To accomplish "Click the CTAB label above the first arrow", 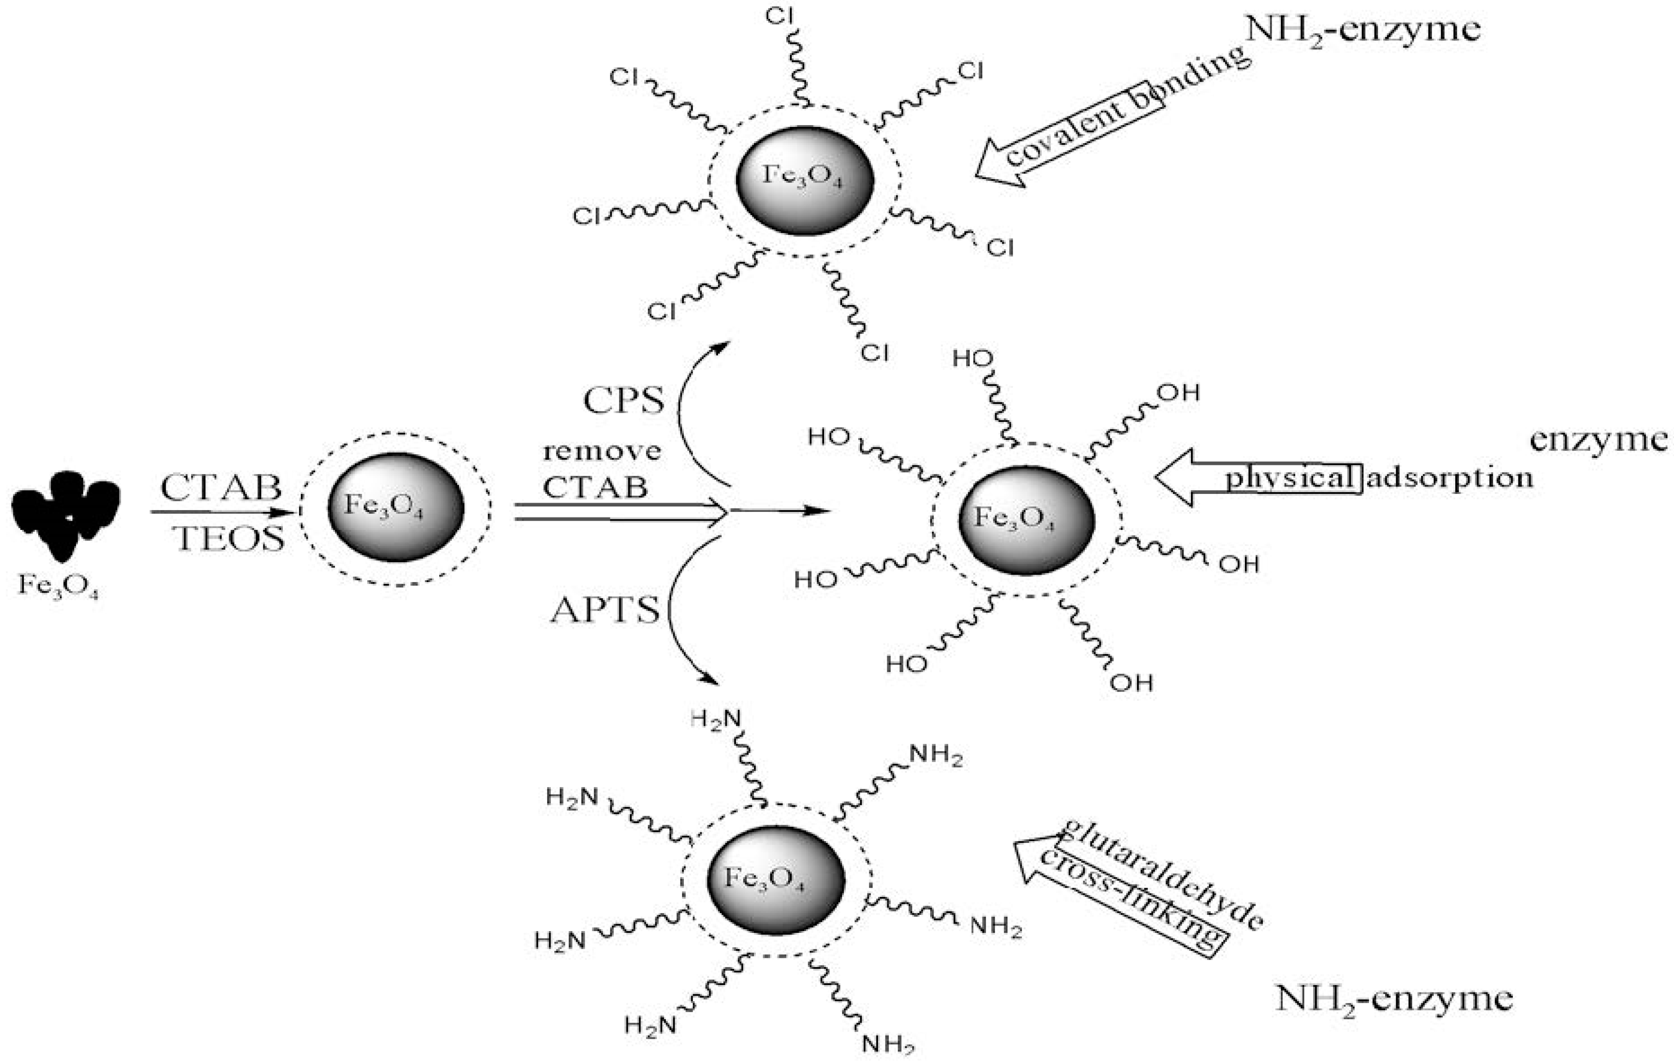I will coord(221,488).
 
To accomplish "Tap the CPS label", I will coord(623,401).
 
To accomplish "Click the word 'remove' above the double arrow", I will coord(601,451).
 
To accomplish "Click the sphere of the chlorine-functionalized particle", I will coord(804,180).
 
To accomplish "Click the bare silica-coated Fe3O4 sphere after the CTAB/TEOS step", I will coord(395,507).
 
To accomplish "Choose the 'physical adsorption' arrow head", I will coord(1178,477).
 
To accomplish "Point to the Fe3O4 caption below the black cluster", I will coord(59,586).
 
